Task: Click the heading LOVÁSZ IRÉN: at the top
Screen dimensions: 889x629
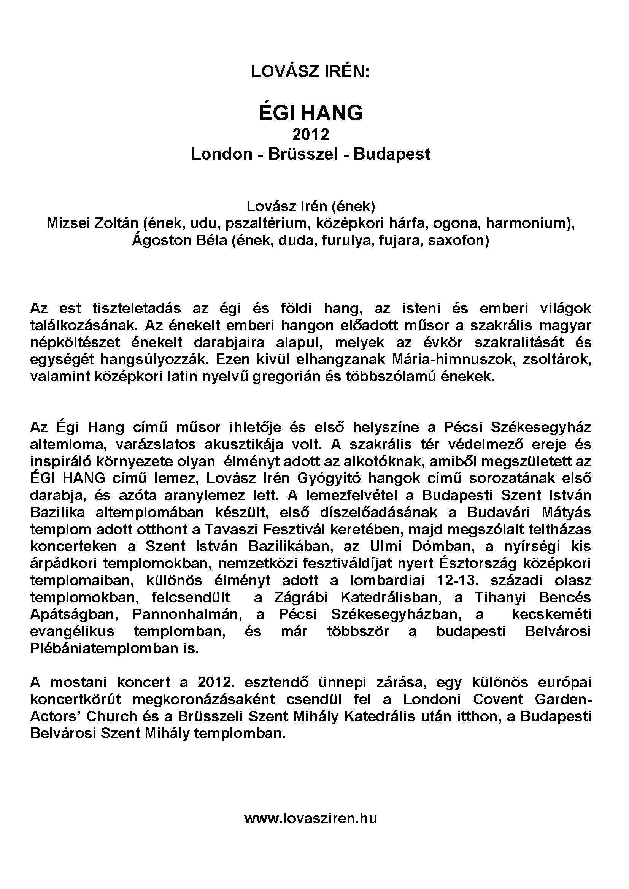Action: click(310, 72)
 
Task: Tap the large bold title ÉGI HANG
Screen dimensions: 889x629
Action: click(311, 113)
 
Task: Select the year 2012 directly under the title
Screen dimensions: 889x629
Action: click(311, 135)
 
